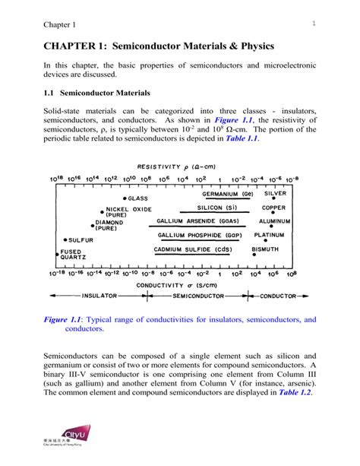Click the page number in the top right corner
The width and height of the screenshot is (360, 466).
pos(312,25)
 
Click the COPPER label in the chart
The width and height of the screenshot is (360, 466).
pos(273,207)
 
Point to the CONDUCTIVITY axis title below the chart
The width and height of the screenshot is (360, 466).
pos(175,284)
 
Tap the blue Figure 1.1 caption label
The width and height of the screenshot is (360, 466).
pos(62,320)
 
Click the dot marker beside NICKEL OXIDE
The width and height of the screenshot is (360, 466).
pos(102,211)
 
